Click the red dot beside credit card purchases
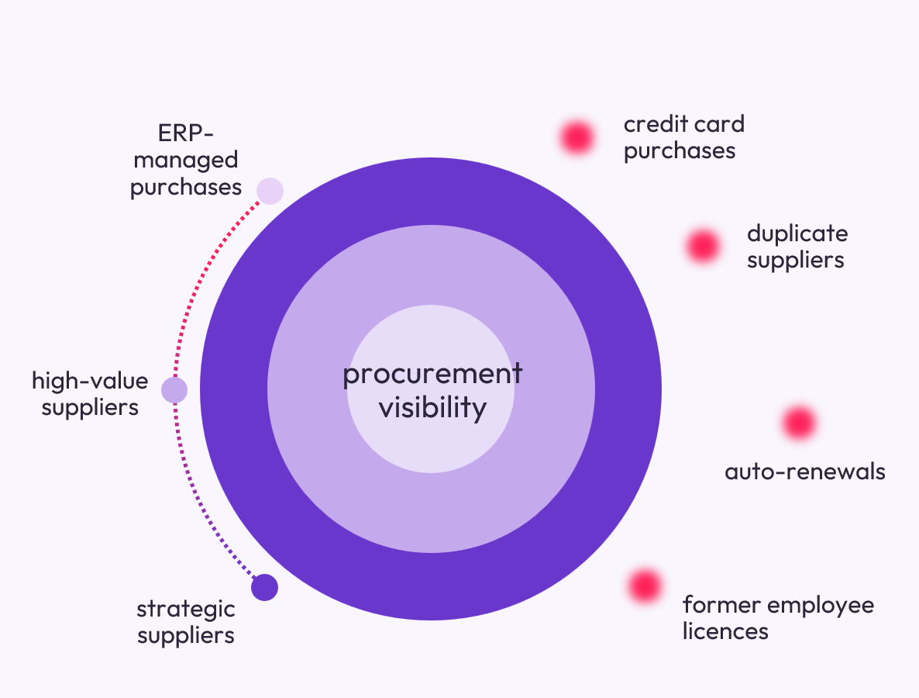pyautogui.click(x=577, y=138)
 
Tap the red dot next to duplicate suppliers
pyautogui.click(x=703, y=246)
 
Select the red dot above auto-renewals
pyautogui.click(x=799, y=423)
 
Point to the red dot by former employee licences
pyautogui.click(x=645, y=586)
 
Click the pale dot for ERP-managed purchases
pyautogui.click(x=270, y=191)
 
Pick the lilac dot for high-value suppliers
pyautogui.click(x=174, y=390)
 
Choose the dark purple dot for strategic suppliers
pyautogui.click(x=264, y=587)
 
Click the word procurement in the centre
pyautogui.click(x=432, y=375)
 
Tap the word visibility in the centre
pyautogui.click(x=432, y=407)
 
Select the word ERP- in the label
pyautogui.click(x=185, y=133)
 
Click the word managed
pyautogui.click(x=186, y=160)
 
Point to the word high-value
pyautogui.click(x=90, y=381)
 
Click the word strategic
pyautogui.click(x=186, y=610)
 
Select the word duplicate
pyautogui.click(x=797, y=234)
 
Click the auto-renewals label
pyautogui.click(x=805, y=472)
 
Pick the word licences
pyautogui.click(x=725, y=631)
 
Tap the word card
pyautogui.click(x=720, y=124)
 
